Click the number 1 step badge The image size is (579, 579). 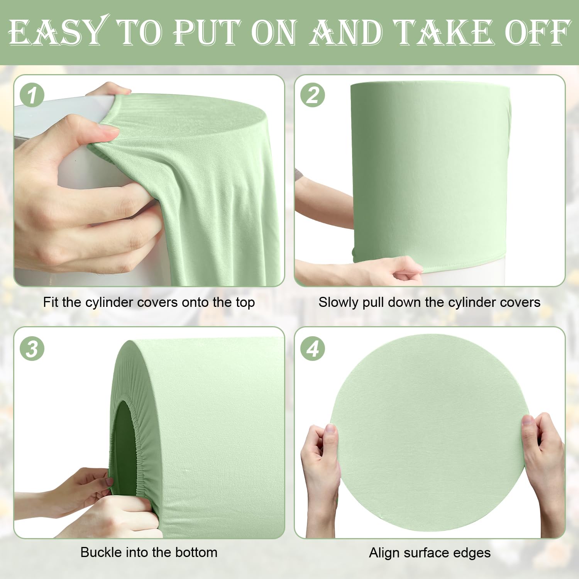(x=32, y=95)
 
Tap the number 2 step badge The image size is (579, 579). (x=313, y=95)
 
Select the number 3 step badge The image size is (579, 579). (x=32, y=349)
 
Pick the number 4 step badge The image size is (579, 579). (x=313, y=349)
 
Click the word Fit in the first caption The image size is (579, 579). (x=51, y=302)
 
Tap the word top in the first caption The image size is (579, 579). (x=245, y=303)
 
